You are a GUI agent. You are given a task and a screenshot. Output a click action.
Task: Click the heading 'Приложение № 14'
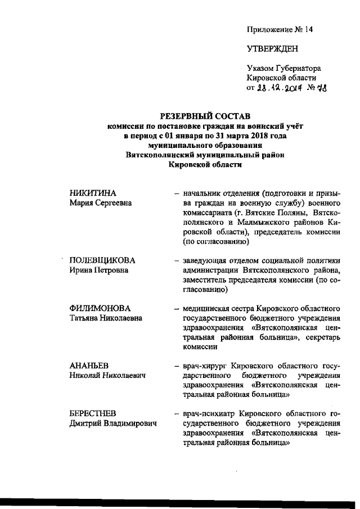tap(274, 29)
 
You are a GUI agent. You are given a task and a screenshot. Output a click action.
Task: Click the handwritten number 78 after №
tap(321, 88)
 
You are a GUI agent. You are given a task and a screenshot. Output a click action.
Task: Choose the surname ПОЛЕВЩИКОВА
tap(102, 260)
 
